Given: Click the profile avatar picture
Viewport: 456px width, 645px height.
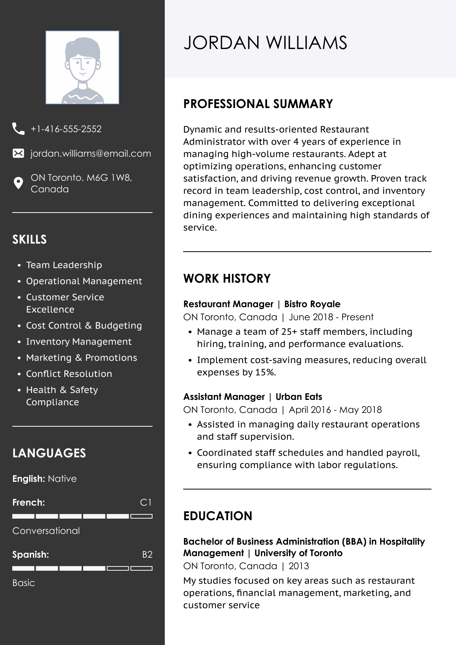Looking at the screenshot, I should pyautogui.click(x=82, y=67).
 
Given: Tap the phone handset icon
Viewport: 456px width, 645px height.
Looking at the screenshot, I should pyautogui.click(x=18, y=129).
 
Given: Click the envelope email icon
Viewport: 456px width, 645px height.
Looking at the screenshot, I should pyautogui.click(x=18, y=154).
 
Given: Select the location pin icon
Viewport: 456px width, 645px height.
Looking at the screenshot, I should pyautogui.click(x=18, y=183).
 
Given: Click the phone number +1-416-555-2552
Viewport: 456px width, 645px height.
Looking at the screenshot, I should pyautogui.click(x=66, y=129).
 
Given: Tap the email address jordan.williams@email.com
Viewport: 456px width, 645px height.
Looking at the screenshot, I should pyautogui.click(x=91, y=154).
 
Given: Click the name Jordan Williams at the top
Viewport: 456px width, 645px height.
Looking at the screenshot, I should pyautogui.click(x=265, y=43).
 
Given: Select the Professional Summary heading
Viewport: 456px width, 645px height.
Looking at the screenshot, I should pyautogui.click(x=258, y=104).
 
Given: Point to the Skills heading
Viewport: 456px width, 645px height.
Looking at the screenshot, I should pyautogui.click(x=30, y=239).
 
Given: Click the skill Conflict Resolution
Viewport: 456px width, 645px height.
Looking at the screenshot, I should pyautogui.click(x=69, y=374).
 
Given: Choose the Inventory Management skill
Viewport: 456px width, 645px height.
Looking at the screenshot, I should pyautogui.click(x=79, y=342).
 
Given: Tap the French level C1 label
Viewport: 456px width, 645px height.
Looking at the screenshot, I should pyautogui.click(x=146, y=503).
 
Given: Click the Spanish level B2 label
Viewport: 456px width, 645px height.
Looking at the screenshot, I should pyautogui.click(x=147, y=555).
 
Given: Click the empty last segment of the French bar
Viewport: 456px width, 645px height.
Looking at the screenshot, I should pyautogui.click(x=141, y=516).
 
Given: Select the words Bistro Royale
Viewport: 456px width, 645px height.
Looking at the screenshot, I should pyautogui.click(x=312, y=304).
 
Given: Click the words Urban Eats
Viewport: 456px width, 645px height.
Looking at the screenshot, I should pyautogui.click(x=299, y=397).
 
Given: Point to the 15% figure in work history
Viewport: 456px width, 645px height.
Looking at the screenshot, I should pyautogui.click(x=266, y=372).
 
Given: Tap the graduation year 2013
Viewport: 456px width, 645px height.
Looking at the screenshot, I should pyautogui.click(x=299, y=566).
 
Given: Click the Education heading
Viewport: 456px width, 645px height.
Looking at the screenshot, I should pyautogui.click(x=218, y=516).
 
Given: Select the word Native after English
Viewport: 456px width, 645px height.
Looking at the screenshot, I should pyautogui.click(x=62, y=479).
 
